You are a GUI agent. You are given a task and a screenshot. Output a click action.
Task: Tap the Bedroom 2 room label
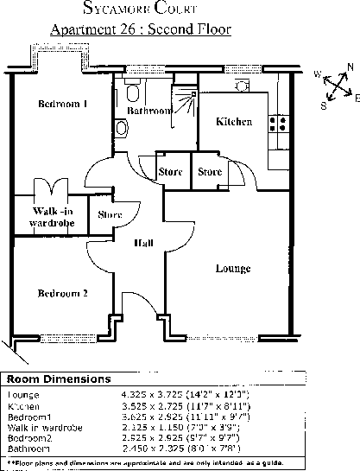click(63, 293)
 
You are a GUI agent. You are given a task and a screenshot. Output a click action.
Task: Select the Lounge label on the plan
click(233, 269)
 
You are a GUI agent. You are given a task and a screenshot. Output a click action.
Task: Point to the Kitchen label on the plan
click(234, 122)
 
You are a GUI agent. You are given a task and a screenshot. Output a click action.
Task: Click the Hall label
click(143, 244)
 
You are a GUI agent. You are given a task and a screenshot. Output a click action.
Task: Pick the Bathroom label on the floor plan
click(148, 111)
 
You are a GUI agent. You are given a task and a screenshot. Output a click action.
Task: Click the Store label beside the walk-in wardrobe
click(110, 214)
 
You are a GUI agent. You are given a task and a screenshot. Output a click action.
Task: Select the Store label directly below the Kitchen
click(210, 172)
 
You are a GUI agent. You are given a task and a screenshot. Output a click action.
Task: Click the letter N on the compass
click(350, 67)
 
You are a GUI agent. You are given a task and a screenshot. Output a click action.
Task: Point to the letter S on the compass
click(324, 106)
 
